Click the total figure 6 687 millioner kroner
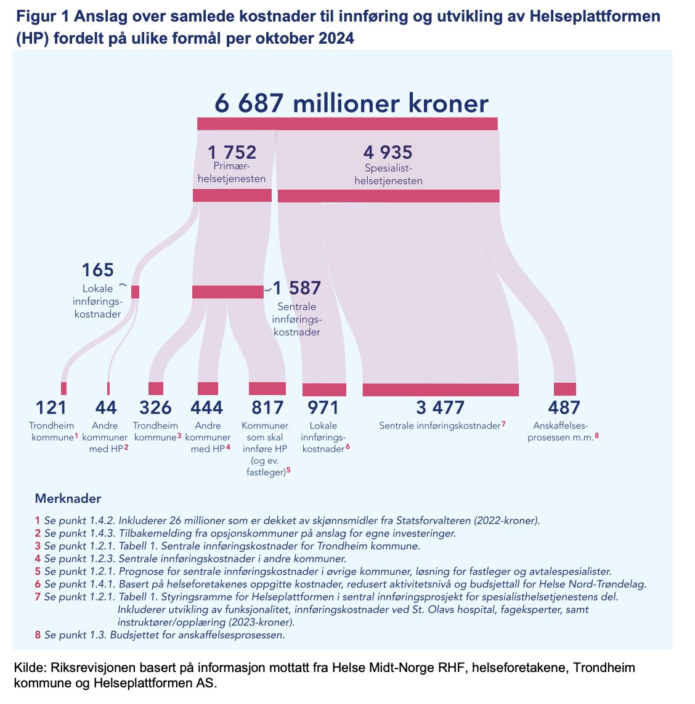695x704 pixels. [x=351, y=103]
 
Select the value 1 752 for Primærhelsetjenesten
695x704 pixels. [x=232, y=152]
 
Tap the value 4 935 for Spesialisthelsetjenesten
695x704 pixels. [x=388, y=152]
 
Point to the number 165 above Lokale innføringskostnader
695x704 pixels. [x=98, y=270]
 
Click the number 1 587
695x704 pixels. [x=296, y=288]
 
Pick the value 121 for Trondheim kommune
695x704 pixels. [x=51, y=407]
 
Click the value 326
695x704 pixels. [x=155, y=407]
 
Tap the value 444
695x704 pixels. [x=207, y=407]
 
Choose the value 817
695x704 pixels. [x=267, y=407]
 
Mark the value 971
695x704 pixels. [x=323, y=407]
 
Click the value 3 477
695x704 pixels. [x=440, y=407]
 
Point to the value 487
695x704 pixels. [x=564, y=407]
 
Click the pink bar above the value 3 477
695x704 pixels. [x=440, y=390]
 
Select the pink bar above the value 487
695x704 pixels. [x=564, y=389]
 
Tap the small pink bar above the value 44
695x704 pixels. [x=108, y=388]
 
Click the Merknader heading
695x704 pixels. [x=68, y=498]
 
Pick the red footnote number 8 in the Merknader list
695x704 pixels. [x=38, y=635]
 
